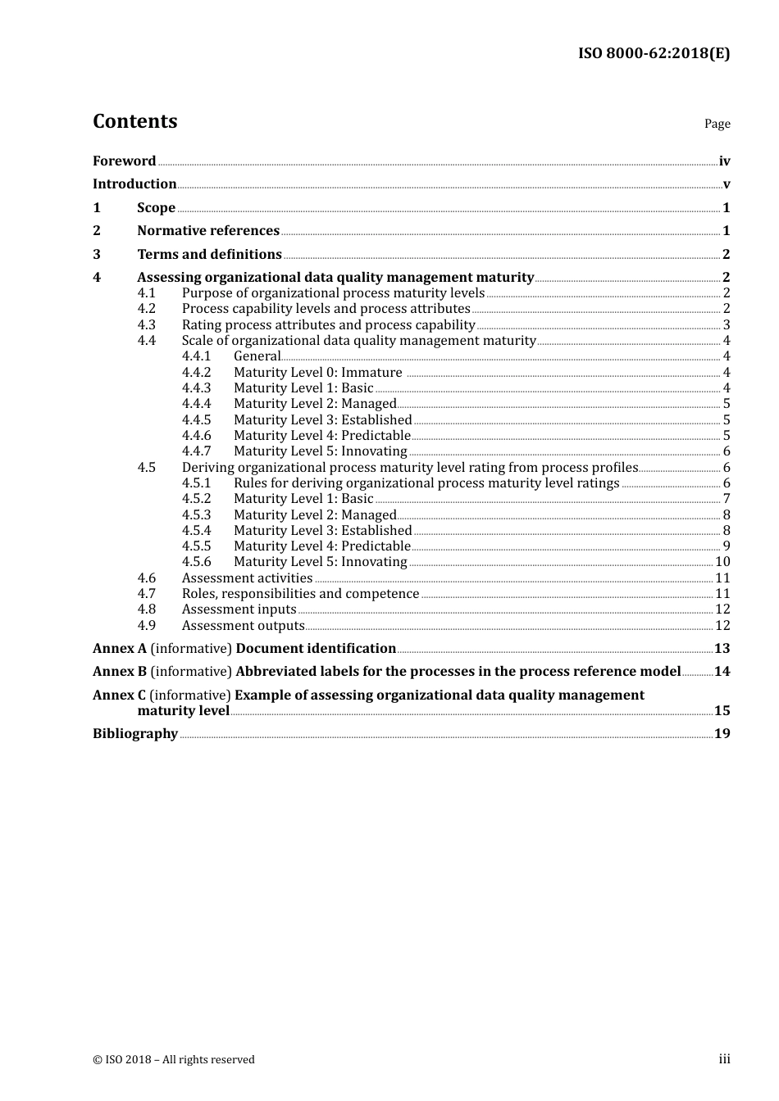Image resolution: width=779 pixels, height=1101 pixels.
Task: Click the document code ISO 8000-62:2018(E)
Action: (x=654, y=53)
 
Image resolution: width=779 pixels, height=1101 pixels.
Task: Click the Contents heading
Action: (x=134, y=121)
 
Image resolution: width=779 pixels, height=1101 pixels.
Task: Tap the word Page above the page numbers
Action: (x=717, y=124)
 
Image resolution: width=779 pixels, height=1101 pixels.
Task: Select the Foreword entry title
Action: (x=124, y=161)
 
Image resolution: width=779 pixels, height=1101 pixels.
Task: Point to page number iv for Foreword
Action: (x=724, y=161)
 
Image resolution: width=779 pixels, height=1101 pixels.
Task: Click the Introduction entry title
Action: (x=134, y=183)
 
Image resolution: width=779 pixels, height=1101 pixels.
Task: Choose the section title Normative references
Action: (x=208, y=231)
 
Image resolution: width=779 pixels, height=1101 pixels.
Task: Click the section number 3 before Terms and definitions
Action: (x=97, y=254)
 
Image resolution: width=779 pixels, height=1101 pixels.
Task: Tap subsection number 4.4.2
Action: (x=196, y=373)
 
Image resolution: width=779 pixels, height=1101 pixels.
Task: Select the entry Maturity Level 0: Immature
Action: (x=317, y=373)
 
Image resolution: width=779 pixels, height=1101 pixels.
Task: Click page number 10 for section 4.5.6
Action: (x=722, y=562)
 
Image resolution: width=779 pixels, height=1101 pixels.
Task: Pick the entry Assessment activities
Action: (x=247, y=578)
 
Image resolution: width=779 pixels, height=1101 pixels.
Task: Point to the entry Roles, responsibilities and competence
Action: (x=300, y=594)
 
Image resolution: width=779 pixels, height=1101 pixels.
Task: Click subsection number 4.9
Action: (x=146, y=626)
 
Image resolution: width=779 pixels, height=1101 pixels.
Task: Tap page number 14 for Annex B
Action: (x=722, y=672)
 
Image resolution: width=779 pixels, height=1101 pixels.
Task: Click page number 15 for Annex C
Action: (x=722, y=711)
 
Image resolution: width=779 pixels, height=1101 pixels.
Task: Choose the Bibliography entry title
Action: (x=135, y=734)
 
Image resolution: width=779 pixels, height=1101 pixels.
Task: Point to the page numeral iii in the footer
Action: (x=724, y=1059)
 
